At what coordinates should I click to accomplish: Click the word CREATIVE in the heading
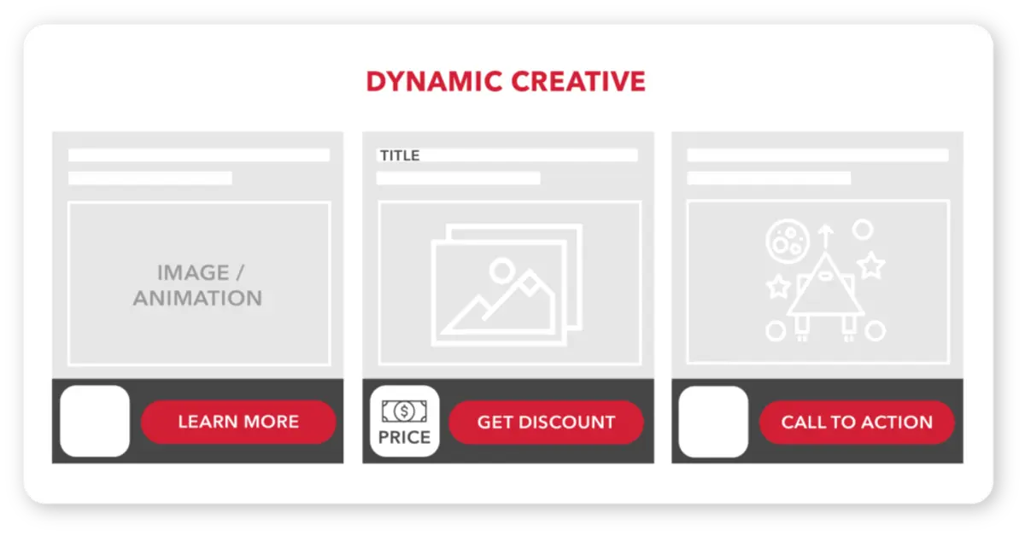578,81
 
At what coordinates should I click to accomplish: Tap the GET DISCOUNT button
546,422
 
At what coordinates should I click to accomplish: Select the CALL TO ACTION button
857,422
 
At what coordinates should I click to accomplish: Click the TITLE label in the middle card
400,155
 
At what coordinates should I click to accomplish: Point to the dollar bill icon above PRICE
404,411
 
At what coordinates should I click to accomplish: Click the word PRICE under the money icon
404,438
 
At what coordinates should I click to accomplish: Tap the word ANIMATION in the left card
197,299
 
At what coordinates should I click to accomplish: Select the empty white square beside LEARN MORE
94,421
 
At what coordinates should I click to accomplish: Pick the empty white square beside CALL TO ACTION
713,422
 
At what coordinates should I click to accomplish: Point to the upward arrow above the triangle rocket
824,234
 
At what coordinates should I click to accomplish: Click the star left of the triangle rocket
777,286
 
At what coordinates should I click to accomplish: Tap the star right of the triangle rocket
870,266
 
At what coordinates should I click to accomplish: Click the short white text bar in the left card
150,178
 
